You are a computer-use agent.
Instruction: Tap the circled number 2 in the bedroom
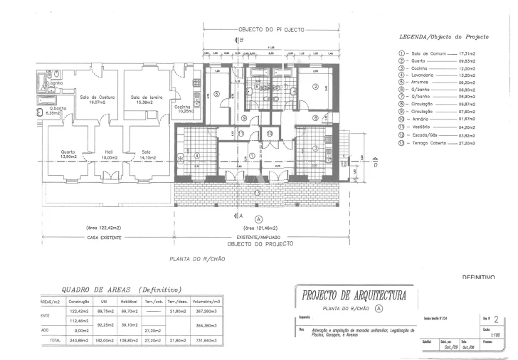click(x=314, y=87)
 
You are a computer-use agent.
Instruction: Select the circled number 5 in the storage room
click(x=217, y=95)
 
